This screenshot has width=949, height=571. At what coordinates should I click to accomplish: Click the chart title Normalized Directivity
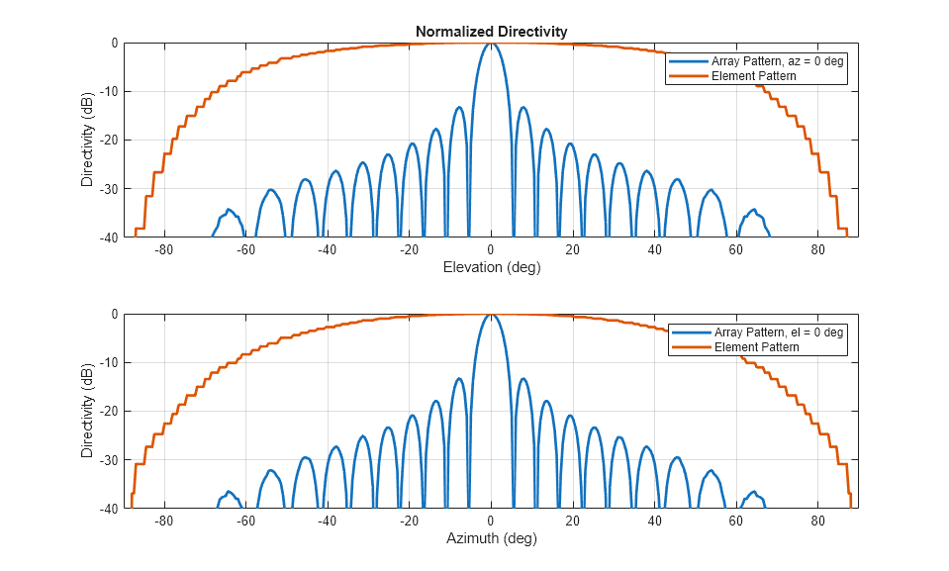(491, 32)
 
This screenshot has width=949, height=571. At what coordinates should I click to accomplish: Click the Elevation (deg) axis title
(491, 267)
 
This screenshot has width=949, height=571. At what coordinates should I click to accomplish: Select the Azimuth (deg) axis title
(491, 539)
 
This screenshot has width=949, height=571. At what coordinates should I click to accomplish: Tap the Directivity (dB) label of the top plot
(88, 140)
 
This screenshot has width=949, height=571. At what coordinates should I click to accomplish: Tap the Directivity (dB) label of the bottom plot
(88, 411)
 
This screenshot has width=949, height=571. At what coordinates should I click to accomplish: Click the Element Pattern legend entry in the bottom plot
(755, 347)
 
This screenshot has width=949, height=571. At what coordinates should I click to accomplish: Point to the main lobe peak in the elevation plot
(491, 44)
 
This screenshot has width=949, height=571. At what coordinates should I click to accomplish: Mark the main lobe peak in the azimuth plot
(491, 315)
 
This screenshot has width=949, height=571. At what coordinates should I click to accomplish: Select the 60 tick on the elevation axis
(736, 250)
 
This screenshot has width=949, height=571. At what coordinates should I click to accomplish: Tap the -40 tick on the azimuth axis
(327, 522)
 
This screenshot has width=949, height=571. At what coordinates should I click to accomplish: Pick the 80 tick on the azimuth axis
(817, 522)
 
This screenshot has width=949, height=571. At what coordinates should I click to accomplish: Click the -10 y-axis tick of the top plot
(107, 92)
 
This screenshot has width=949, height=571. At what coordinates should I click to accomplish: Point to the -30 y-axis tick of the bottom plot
(107, 460)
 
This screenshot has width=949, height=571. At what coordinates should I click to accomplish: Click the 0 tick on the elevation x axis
(491, 250)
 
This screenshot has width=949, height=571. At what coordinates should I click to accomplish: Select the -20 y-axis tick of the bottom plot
(107, 412)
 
